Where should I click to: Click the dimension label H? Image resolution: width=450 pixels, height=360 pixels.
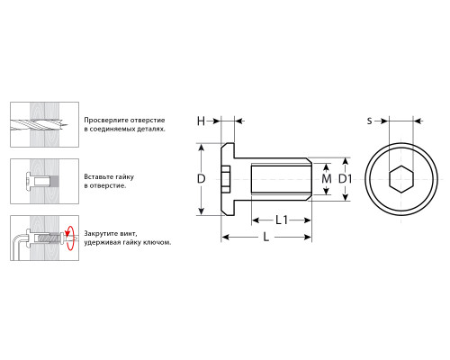(201, 121)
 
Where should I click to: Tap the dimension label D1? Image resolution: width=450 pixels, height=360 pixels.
(345, 179)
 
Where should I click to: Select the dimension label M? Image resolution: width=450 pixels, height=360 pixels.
(327, 179)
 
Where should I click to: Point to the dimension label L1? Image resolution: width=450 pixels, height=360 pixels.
(282, 220)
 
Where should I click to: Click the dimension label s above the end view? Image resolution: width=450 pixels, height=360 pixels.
(370, 121)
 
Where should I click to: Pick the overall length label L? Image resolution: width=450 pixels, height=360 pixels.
(266, 238)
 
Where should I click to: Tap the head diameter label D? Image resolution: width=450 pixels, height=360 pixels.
(201, 179)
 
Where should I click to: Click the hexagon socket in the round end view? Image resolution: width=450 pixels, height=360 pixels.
(401, 179)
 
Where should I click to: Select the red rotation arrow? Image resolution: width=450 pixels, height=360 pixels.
(70, 238)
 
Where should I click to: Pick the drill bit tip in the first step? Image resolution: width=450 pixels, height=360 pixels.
(67, 124)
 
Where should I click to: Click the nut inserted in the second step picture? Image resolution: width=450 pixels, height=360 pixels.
(38, 181)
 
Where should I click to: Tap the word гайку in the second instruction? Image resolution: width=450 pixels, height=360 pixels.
(122, 177)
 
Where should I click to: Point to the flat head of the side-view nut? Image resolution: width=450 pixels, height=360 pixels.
(228, 179)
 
